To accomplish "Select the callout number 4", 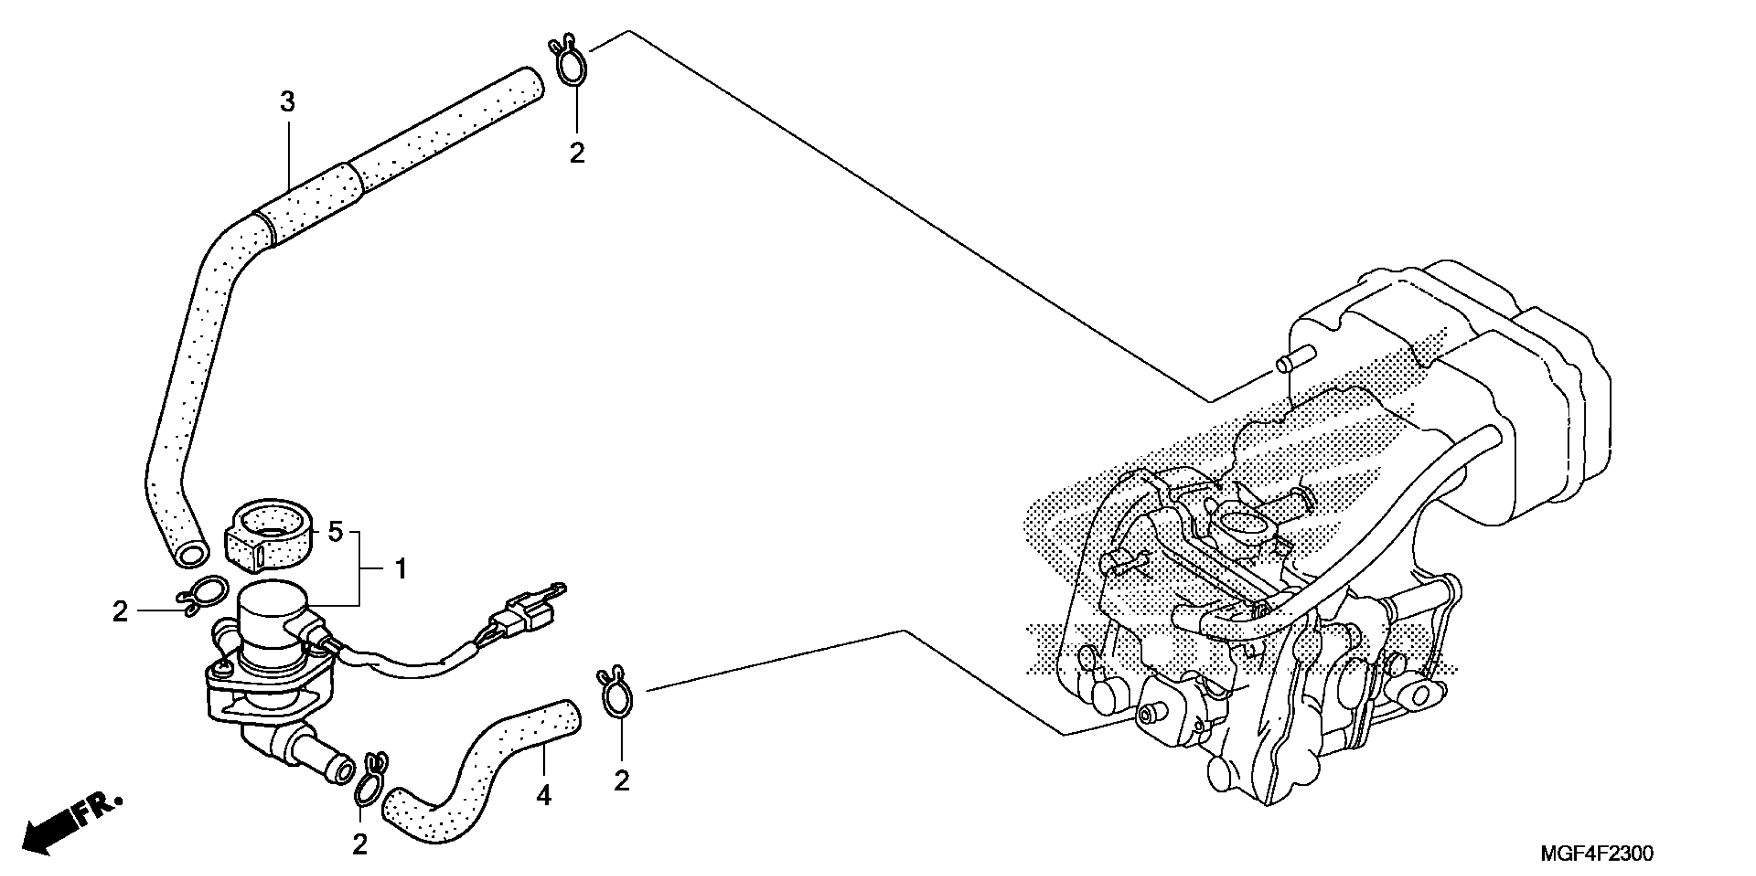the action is (x=543, y=796).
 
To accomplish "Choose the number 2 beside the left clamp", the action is (x=120, y=612).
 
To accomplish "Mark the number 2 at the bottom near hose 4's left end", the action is (x=359, y=845).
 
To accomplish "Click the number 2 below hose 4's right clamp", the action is (x=621, y=781).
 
